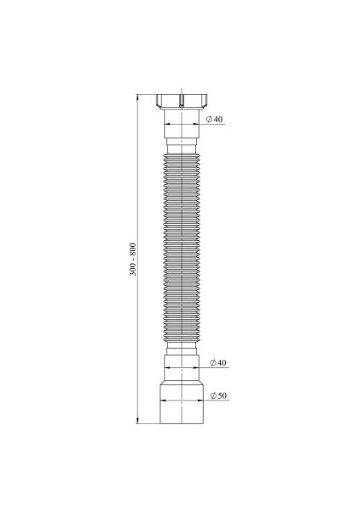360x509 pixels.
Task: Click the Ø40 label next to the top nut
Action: coord(213,120)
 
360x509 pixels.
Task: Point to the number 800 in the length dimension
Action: coord(132,249)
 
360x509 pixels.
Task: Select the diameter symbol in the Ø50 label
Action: coord(211,396)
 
